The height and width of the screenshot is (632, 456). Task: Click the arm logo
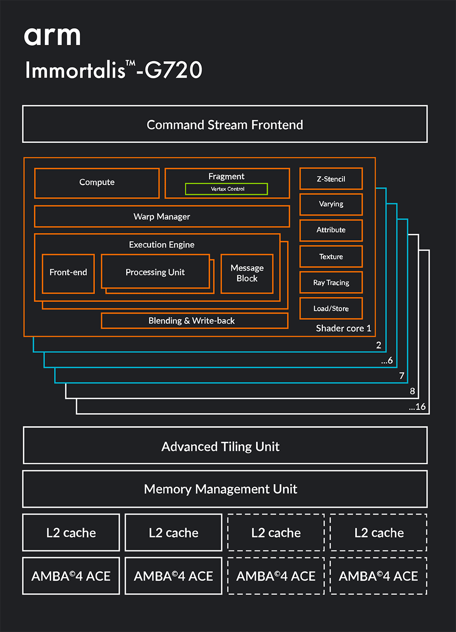[52, 36]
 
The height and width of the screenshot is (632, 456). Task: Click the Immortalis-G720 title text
[114, 70]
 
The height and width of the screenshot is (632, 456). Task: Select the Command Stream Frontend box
[225, 124]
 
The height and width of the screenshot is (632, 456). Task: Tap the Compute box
[97, 183]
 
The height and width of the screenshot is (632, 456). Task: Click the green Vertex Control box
[227, 189]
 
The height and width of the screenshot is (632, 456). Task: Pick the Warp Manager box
[161, 217]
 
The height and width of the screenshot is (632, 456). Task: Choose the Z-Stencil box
[331, 179]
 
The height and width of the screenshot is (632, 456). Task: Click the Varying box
[331, 204]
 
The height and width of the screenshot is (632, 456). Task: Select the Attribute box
[331, 230]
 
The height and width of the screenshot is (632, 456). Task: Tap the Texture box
[331, 257]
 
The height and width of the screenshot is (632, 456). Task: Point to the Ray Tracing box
[331, 283]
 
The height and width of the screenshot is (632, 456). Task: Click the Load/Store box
[331, 309]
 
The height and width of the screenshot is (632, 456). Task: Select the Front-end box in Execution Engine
[68, 273]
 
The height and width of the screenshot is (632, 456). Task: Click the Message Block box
[247, 273]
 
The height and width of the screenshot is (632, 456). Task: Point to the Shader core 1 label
[343, 328]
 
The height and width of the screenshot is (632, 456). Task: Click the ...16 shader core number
[417, 407]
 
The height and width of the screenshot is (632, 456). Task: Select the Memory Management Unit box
[225, 489]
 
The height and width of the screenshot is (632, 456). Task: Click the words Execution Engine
[161, 245]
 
